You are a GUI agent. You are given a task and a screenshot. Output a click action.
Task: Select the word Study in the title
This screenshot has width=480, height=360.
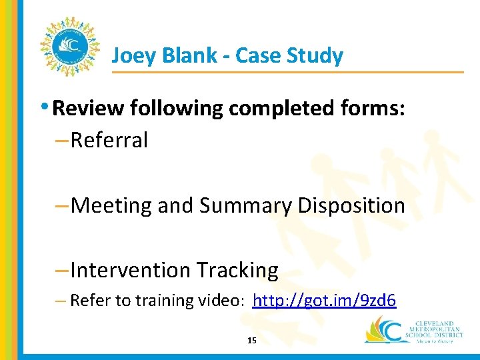315,55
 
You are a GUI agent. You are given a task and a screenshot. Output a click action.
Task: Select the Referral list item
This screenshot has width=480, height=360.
109,140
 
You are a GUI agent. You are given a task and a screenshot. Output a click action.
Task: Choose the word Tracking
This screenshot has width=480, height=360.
237,270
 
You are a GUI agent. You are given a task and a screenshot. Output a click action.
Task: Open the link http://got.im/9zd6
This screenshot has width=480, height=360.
325,301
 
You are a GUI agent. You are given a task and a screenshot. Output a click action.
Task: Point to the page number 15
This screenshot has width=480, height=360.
251,341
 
